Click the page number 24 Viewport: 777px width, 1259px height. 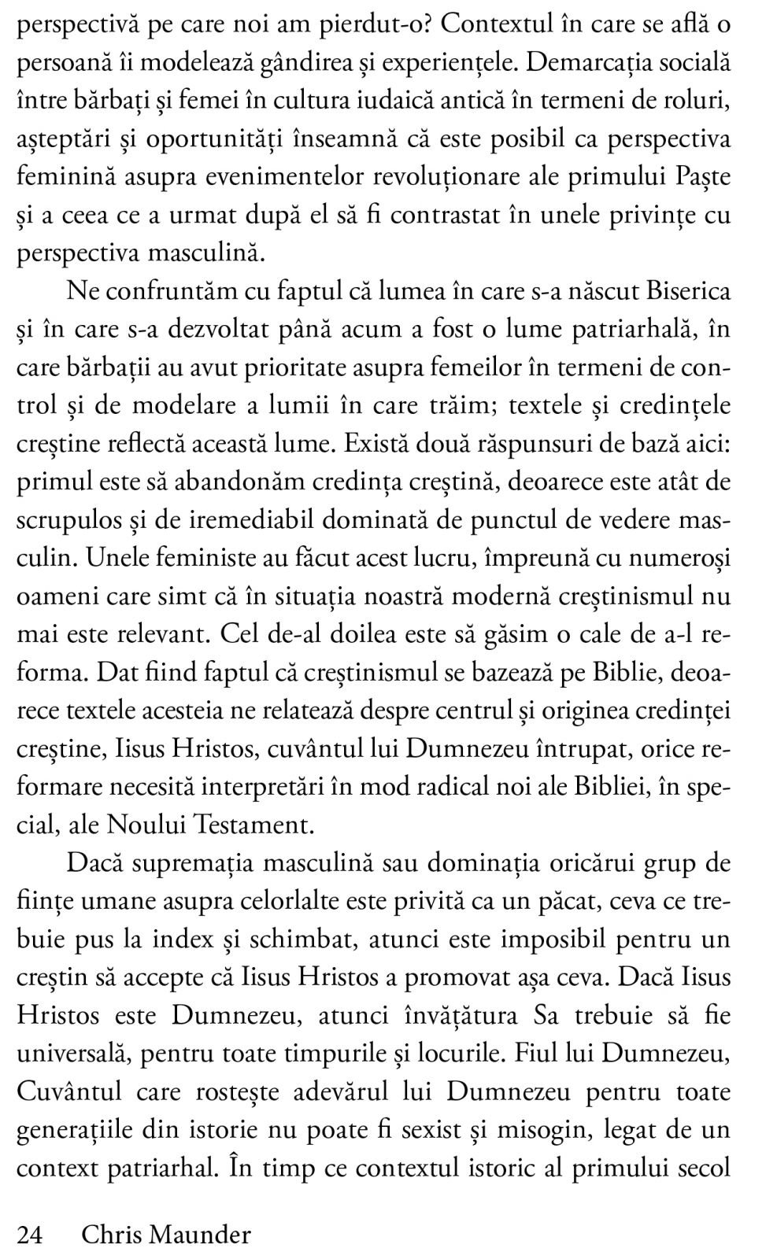click(29, 1235)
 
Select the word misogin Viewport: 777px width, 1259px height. click(547, 1131)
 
